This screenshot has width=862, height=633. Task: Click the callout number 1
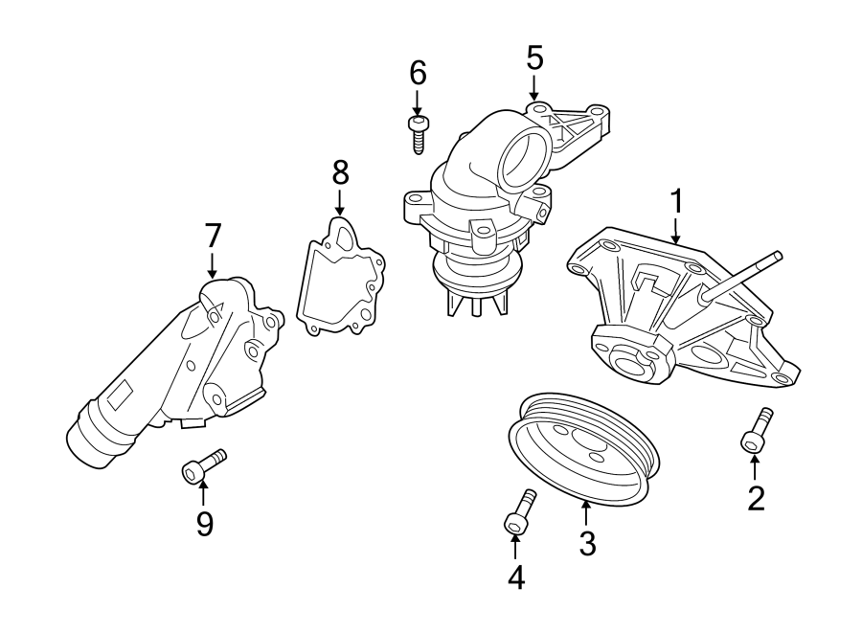tap(676, 202)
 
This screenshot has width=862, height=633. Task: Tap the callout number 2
tap(756, 498)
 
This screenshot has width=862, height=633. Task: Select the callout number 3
tap(587, 543)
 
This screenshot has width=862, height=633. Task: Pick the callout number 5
tap(534, 58)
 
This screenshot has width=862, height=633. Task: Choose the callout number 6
tap(418, 72)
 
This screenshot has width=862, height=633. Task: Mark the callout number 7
tap(213, 234)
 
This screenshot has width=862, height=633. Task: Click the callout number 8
tap(340, 172)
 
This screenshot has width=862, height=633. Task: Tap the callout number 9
tap(204, 523)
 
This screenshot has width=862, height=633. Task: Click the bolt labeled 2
tap(756, 431)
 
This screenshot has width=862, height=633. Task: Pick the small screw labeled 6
tap(418, 133)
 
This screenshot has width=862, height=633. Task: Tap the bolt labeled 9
tap(202, 466)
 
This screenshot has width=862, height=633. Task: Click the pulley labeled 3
tap(581, 448)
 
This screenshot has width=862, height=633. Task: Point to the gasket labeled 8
tap(341, 279)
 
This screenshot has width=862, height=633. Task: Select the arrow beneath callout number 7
tap(213, 264)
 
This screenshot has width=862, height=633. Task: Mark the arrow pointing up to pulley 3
tap(586, 512)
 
